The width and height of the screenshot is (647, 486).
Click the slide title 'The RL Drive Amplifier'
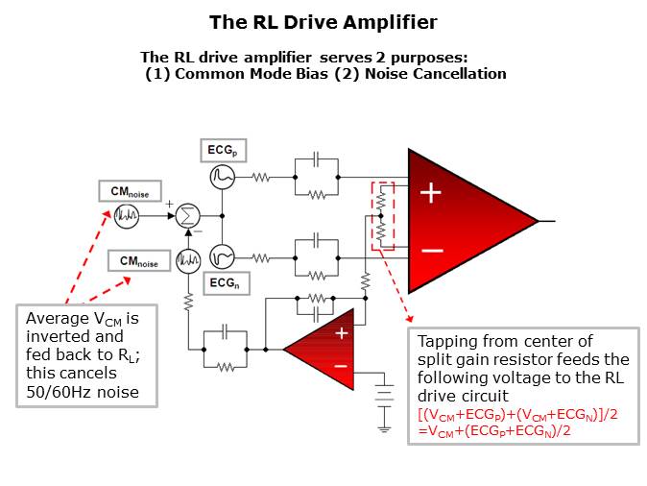click(x=323, y=20)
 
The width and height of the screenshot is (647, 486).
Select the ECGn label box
click(x=227, y=284)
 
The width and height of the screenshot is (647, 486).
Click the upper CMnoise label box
click(x=131, y=190)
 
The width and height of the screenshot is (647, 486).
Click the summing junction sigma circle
click(x=188, y=216)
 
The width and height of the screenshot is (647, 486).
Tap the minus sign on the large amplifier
click(x=432, y=250)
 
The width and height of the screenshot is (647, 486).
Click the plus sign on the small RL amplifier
click(x=341, y=333)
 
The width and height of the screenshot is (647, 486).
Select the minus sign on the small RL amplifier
click(x=341, y=366)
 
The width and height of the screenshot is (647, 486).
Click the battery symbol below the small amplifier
click(x=385, y=395)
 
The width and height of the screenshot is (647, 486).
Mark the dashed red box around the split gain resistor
click(x=381, y=217)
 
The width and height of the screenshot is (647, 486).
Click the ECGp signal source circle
click(x=223, y=177)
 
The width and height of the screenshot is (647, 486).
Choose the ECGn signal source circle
click(x=223, y=256)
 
